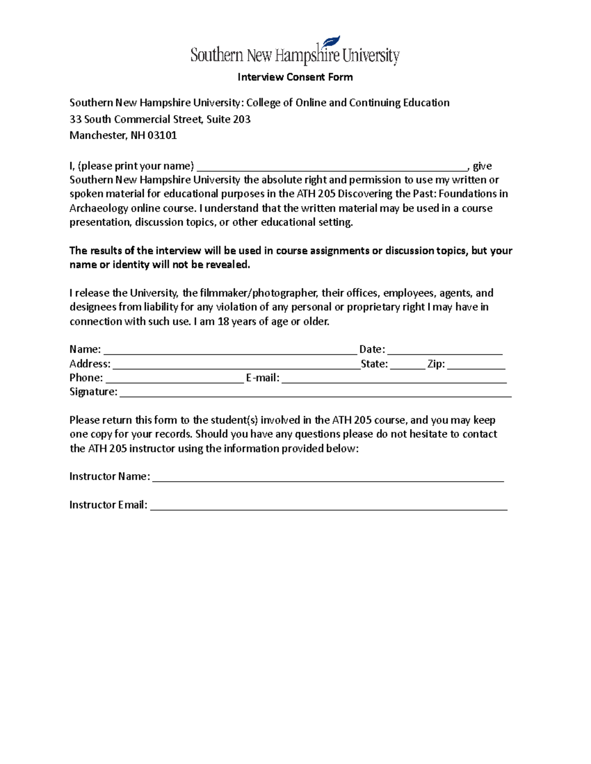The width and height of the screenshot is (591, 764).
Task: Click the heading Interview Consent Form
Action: (x=295, y=77)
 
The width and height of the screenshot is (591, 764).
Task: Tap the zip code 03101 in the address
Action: (x=162, y=135)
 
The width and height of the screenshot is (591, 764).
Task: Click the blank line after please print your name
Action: (x=332, y=167)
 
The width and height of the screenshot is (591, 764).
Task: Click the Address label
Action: (x=90, y=364)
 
